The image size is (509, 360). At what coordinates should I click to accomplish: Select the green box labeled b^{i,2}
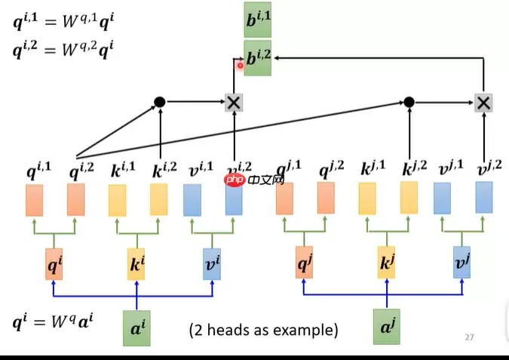click(x=257, y=59)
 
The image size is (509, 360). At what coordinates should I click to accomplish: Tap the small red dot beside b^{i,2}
click(x=241, y=65)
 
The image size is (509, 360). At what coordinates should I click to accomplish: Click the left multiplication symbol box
click(x=234, y=102)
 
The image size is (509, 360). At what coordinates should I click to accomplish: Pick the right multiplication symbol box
click(x=483, y=102)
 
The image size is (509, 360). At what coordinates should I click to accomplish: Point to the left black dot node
click(x=159, y=101)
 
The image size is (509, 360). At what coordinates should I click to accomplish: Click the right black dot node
click(x=409, y=101)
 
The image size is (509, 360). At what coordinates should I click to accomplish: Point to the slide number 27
click(x=469, y=337)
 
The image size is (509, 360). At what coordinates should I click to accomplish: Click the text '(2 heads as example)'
click(x=263, y=330)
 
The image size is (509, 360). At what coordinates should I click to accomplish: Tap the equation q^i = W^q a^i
click(x=53, y=324)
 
